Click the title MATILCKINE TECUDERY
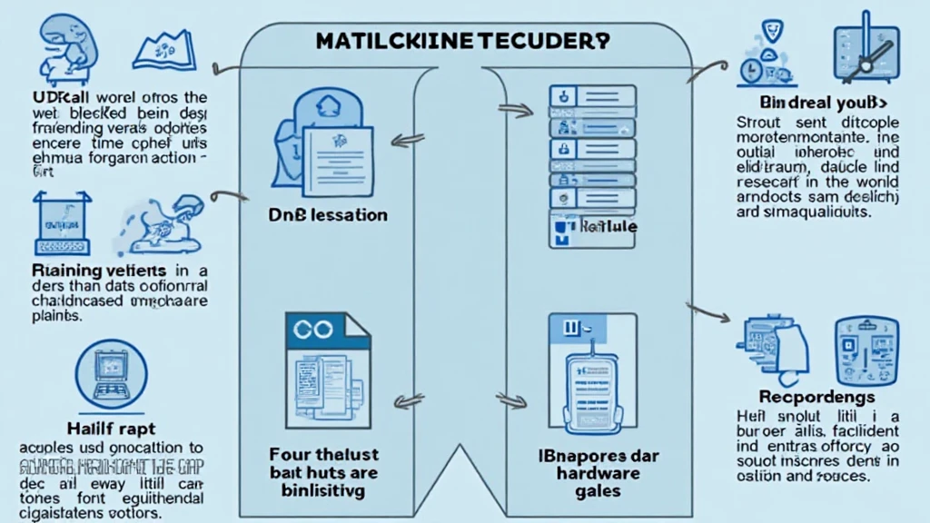click(463, 42)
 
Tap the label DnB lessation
click(329, 216)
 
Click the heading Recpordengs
click(816, 397)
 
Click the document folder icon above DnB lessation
click(318, 146)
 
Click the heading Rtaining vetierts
click(99, 270)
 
